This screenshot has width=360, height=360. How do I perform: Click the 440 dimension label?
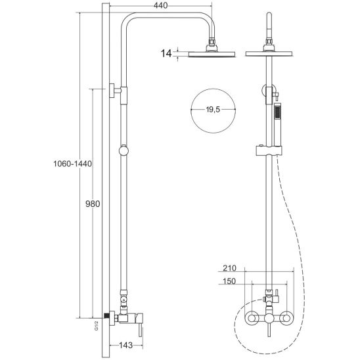(x=160, y=5)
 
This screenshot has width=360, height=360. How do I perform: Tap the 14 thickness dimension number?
(x=166, y=54)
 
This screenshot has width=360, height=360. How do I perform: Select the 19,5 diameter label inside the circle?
(x=213, y=110)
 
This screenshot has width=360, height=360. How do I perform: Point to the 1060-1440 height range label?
(x=72, y=164)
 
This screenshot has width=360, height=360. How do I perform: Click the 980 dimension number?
(x=93, y=204)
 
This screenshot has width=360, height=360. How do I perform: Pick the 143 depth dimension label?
(x=126, y=345)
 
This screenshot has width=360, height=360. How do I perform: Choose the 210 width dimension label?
(x=229, y=268)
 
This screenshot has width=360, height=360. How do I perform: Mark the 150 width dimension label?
(x=229, y=281)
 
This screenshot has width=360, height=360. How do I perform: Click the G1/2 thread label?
(x=97, y=326)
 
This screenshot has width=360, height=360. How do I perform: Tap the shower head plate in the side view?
(x=212, y=54)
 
